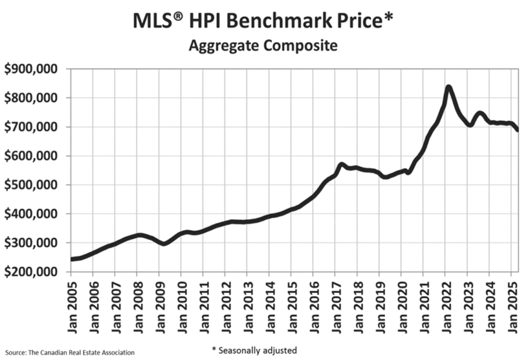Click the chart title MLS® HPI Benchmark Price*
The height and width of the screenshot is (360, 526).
[263, 21]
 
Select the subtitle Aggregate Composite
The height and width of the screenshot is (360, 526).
[262, 46]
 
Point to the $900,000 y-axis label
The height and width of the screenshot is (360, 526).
[33, 69]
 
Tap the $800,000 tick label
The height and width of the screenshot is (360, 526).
[33, 98]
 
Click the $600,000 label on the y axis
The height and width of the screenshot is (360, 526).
[33, 156]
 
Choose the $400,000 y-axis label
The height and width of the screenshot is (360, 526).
[33, 214]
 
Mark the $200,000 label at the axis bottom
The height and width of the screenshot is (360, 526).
[33, 272]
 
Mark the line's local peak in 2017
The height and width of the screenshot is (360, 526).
[341, 164]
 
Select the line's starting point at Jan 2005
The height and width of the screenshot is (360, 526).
[71, 259]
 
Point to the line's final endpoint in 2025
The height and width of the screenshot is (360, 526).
[517, 130]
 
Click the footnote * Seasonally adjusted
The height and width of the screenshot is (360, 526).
[254, 350]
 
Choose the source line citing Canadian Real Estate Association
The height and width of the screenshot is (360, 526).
[68, 352]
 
